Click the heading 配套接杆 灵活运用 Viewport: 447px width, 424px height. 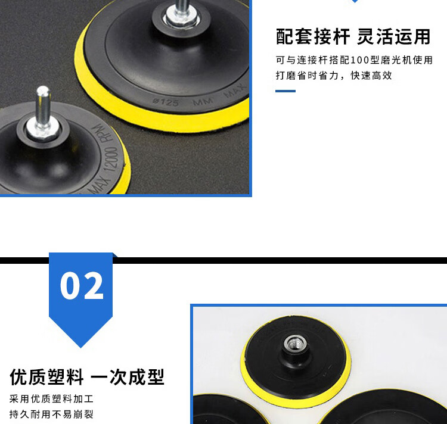click(353, 37)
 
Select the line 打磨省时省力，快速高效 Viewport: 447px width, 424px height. click(334, 76)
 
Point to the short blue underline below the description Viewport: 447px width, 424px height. click(285, 91)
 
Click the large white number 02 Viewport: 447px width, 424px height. click(82, 285)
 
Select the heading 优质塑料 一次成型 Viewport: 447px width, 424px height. click(87, 377)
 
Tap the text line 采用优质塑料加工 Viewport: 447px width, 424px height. click(51, 398)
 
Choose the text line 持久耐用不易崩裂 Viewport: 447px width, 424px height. click(51, 414)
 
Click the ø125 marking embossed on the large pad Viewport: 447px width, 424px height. click(166, 102)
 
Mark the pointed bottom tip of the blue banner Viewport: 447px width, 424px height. click(80, 348)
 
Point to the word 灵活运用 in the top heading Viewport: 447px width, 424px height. click(394, 37)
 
